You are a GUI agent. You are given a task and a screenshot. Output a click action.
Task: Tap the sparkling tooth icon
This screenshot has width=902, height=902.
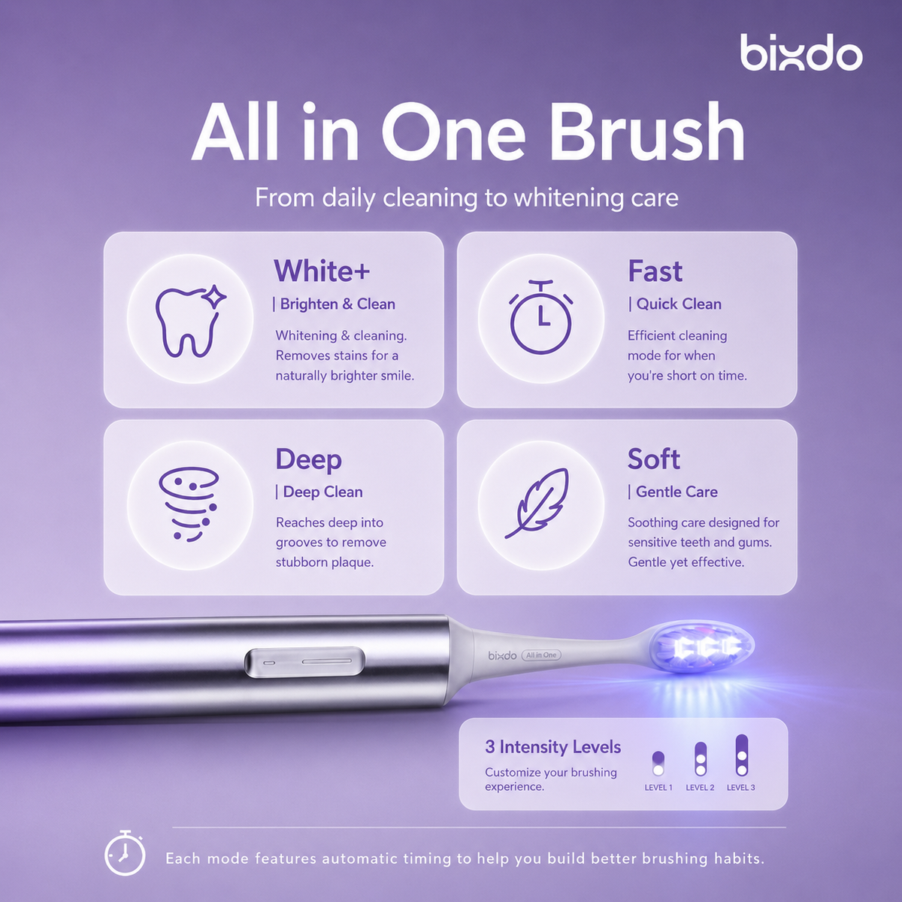190,320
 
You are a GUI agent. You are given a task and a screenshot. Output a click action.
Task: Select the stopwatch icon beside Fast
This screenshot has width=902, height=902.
540,317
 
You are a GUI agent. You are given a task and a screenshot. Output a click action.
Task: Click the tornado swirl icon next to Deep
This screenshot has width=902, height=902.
189,504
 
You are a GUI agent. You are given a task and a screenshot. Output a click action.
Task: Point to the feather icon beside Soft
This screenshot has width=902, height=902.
537,503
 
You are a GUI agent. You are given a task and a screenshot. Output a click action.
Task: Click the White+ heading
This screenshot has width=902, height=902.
322,271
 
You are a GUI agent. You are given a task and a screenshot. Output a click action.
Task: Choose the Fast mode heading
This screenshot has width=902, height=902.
655,271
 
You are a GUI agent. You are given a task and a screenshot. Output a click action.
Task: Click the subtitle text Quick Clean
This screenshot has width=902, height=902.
679,304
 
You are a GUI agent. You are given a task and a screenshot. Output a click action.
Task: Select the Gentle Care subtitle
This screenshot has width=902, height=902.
676,492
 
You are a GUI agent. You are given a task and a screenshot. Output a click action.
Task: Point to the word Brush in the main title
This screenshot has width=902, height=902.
647,132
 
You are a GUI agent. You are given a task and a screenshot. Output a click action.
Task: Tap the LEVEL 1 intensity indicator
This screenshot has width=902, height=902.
658,764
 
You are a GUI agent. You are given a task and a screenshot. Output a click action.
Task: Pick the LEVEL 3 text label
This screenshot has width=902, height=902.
740,787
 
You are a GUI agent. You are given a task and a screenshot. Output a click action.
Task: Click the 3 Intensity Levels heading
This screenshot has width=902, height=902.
552,746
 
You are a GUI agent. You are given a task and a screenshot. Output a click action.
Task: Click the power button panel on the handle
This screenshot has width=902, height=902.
304,662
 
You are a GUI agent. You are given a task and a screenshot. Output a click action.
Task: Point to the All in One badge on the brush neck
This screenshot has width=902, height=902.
541,655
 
